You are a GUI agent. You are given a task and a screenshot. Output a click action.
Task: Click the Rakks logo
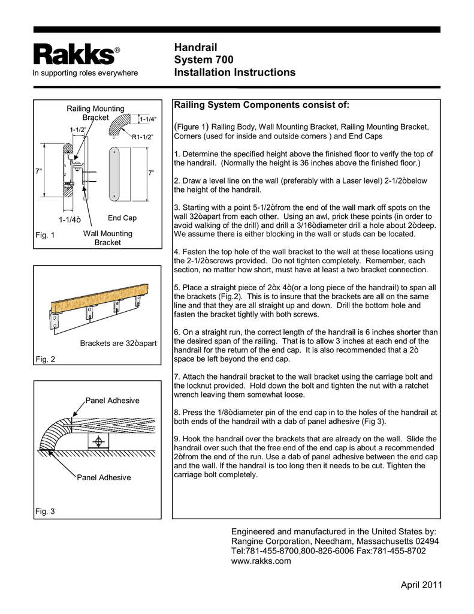(x=73, y=55)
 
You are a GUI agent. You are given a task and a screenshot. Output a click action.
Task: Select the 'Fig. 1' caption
(x=44, y=235)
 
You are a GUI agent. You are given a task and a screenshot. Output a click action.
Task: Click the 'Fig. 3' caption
(x=44, y=511)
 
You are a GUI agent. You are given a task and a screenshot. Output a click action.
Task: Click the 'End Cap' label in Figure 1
(x=122, y=218)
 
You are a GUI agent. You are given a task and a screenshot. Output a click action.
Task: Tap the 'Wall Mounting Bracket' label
(x=108, y=238)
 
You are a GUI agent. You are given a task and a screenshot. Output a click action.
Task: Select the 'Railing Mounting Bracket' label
(x=95, y=113)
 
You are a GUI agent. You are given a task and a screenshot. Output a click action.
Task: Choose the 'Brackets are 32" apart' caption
(x=118, y=344)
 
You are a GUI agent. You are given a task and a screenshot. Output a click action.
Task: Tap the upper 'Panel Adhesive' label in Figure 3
(x=113, y=401)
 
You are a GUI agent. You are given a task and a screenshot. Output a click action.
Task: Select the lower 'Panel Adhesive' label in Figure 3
(x=104, y=478)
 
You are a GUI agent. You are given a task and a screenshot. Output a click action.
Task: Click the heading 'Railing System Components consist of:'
(x=261, y=106)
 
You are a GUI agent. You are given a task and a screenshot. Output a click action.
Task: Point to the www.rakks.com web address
(x=261, y=561)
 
